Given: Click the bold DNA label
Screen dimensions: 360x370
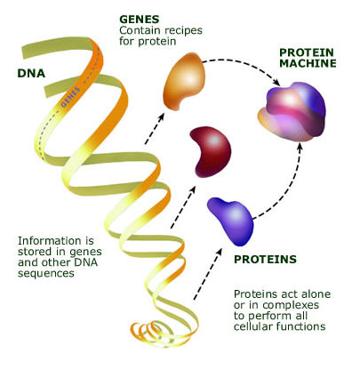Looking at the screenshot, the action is (x=31, y=73).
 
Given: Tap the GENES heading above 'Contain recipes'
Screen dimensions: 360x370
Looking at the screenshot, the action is (x=140, y=20).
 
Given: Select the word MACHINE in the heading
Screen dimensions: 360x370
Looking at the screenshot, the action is (x=308, y=63).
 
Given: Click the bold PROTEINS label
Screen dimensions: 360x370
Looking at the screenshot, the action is (x=265, y=260).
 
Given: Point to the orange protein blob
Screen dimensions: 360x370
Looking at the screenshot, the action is (x=184, y=81).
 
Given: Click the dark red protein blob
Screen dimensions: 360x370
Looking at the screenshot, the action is (x=211, y=152).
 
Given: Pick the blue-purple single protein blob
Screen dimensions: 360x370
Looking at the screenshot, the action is (x=231, y=221).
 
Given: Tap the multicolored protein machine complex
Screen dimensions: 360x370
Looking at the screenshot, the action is (x=292, y=112).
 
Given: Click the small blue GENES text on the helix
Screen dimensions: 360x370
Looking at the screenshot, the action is (x=70, y=97).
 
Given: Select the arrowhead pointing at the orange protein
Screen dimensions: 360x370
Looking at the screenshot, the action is (x=161, y=116).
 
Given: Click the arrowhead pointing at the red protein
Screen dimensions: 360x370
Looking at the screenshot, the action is (x=193, y=189).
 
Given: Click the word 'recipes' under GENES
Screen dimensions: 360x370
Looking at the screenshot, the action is (x=183, y=30).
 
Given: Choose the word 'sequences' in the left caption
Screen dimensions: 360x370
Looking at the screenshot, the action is (x=46, y=273).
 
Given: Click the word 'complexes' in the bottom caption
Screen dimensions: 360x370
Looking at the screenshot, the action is (x=291, y=305).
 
